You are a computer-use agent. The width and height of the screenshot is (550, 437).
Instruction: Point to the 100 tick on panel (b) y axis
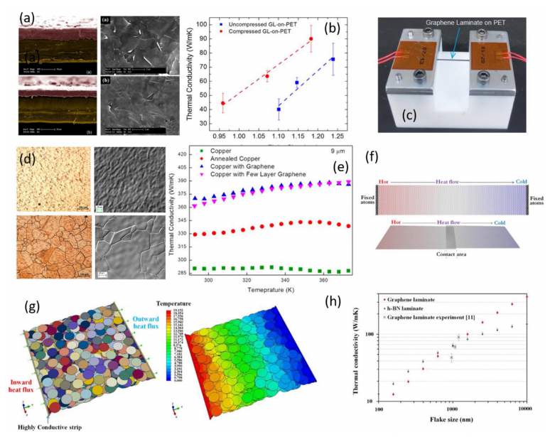(x=188, y=25)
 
